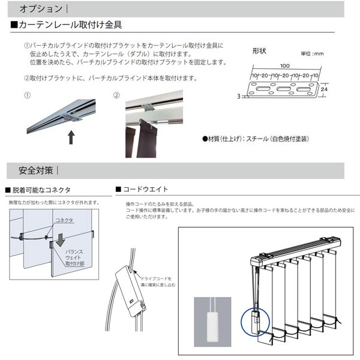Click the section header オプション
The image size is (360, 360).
coord(40,9)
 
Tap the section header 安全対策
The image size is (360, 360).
coord(36,170)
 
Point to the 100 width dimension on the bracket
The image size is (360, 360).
coord(284,66)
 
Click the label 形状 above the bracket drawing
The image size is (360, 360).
coord(260,51)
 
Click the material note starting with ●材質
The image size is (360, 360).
coord(256,139)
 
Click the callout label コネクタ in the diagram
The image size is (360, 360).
coord(64,221)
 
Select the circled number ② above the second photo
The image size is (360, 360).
coord(116,95)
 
